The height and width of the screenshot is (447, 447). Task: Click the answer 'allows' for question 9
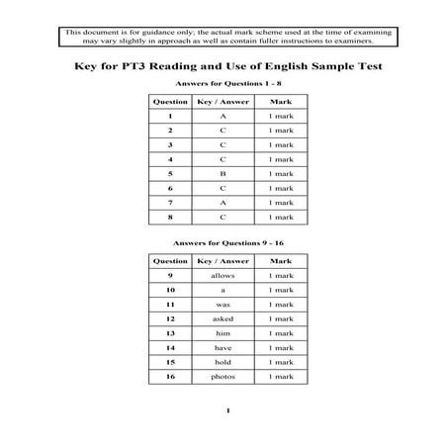pyautogui.click(x=223, y=275)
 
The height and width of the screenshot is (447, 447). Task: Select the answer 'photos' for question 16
pyautogui.click(x=223, y=377)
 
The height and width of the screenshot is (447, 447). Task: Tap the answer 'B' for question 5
pyautogui.click(x=223, y=174)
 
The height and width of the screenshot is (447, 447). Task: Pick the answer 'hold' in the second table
pyautogui.click(x=223, y=362)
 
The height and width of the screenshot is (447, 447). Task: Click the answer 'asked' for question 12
pyautogui.click(x=223, y=318)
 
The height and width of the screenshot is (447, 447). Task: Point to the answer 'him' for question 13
pyautogui.click(x=223, y=333)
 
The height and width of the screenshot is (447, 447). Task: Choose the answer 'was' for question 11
pyautogui.click(x=223, y=305)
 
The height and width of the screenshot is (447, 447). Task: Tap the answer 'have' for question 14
pyautogui.click(x=223, y=348)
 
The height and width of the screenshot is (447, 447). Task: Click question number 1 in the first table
pyautogui.click(x=170, y=116)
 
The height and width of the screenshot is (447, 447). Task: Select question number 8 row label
pyautogui.click(x=170, y=217)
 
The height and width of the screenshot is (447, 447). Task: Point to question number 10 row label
pyautogui.click(x=170, y=290)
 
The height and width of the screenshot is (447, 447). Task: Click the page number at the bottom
pyautogui.click(x=226, y=410)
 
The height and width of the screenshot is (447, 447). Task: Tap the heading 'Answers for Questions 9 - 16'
pyautogui.click(x=223, y=242)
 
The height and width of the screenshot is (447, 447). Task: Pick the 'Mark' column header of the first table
pyautogui.click(x=281, y=102)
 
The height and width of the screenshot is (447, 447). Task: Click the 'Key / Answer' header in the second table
pyautogui.click(x=223, y=261)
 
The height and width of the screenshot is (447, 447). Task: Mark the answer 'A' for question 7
pyautogui.click(x=223, y=203)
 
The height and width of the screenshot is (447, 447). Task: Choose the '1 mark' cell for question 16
pyautogui.click(x=281, y=377)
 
